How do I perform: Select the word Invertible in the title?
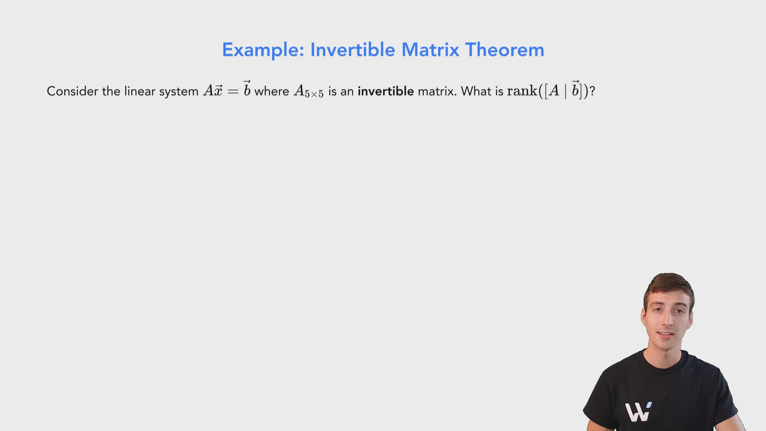pyautogui.click(x=353, y=50)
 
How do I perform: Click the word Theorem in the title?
pyautogui.click(x=504, y=50)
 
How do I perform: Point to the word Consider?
pyautogui.click(x=72, y=91)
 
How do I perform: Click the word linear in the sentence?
pyautogui.click(x=140, y=91)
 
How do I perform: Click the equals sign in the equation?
pyautogui.click(x=233, y=92)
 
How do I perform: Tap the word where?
pyautogui.click(x=272, y=91)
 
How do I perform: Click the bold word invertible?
pyautogui.click(x=385, y=91)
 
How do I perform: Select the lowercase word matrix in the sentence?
pyautogui.click(x=437, y=91)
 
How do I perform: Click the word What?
pyautogui.click(x=476, y=91)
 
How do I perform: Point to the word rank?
pyautogui.click(x=522, y=91)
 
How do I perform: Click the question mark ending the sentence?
pyautogui.click(x=592, y=91)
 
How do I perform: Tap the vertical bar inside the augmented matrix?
pyautogui.click(x=565, y=91)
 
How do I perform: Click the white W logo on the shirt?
pyautogui.click(x=638, y=412)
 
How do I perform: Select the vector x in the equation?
pyautogui.click(x=218, y=91)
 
